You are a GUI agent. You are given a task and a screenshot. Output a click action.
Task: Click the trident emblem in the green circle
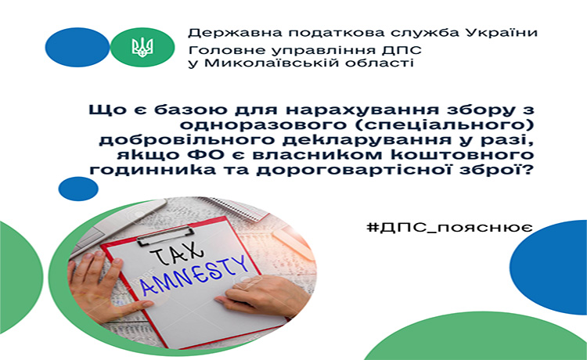pyautogui.click(x=142, y=47)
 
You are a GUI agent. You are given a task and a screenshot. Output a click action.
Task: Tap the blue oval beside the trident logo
pyautogui.click(x=77, y=47)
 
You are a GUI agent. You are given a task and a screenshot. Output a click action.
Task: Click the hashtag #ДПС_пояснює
pyautogui.click(x=449, y=227)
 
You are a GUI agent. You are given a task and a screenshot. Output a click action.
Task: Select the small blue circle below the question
pyautogui.click(x=78, y=189)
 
